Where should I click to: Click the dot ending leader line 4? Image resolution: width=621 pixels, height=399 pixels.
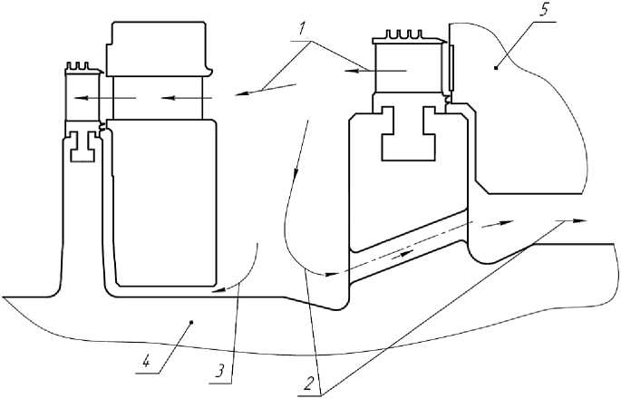coord(190,321)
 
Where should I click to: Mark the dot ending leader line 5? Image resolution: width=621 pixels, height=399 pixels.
coord(495,65)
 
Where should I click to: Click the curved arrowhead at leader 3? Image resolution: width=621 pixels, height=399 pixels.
coord(218,291)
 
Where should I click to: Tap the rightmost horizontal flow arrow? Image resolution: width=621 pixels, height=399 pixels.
coord(571,219)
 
